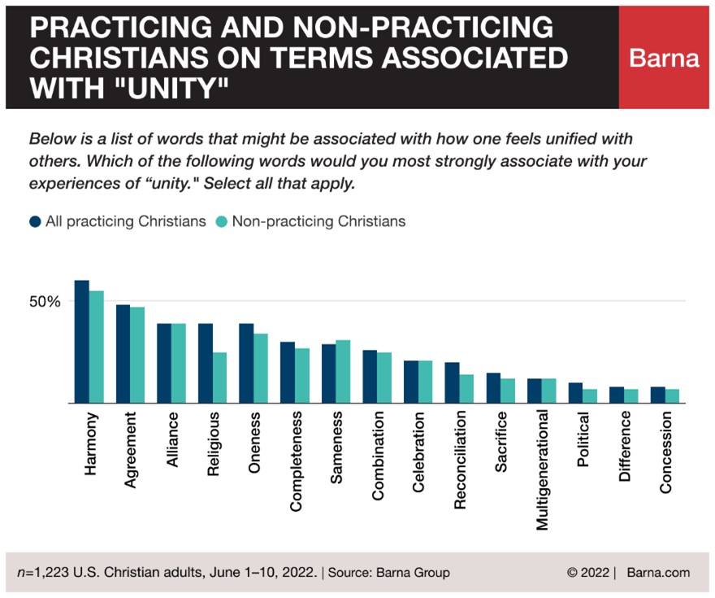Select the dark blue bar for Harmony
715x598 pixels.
coord(81,342)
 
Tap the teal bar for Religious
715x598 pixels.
coord(219,378)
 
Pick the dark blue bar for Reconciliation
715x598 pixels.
coord(452,382)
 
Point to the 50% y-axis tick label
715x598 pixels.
coord(45,301)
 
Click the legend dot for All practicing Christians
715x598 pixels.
coord(36,221)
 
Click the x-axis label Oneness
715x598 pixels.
coord(253,443)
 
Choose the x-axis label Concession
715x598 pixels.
coord(665,453)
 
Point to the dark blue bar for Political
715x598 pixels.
coord(575,393)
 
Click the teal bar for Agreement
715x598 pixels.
coord(136,355)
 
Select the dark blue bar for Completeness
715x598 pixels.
coord(288,373)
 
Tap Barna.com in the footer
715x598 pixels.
coord(658,572)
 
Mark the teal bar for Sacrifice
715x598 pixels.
coord(507,391)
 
